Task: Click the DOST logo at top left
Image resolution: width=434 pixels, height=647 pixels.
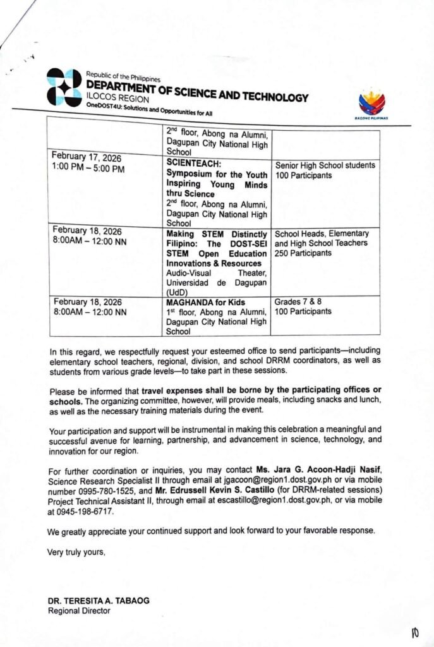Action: pos(64,87)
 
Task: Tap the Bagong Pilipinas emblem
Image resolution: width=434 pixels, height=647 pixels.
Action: pos(372,103)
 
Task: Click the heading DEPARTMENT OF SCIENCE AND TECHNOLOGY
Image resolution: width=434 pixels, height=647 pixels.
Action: pos(197,92)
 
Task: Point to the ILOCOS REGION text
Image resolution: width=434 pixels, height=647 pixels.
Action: pos(118,99)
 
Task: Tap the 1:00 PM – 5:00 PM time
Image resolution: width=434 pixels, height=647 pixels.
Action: pos(89,169)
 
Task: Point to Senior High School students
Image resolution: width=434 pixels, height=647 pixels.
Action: pos(325,166)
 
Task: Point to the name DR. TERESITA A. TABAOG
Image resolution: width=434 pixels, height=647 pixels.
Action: pos(99,601)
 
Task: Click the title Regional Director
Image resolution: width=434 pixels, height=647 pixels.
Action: pos(79,611)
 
